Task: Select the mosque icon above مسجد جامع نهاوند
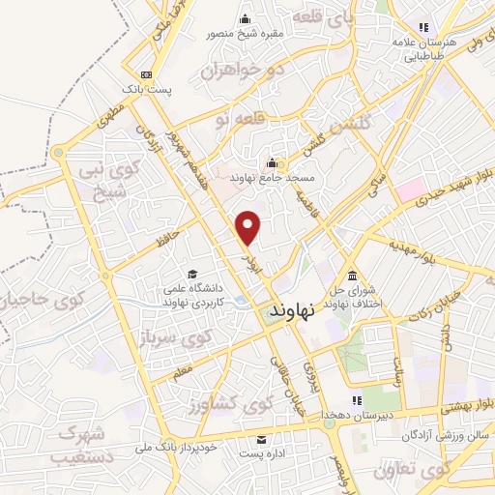point(274,162)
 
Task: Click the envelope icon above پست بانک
point(145,74)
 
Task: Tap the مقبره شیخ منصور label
point(244,34)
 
